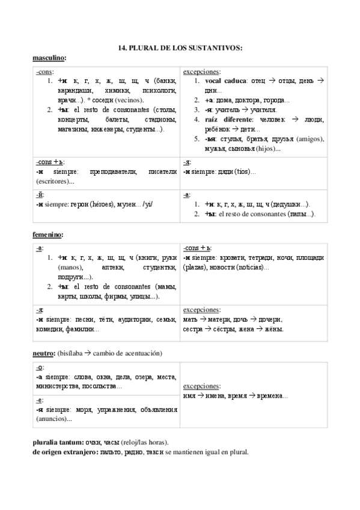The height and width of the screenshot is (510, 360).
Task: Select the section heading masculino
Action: pyautogui.click(x=48, y=58)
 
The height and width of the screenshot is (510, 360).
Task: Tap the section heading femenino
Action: pyautogui.click(x=47, y=235)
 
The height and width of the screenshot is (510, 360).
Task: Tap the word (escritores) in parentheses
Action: pyautogui.click(x=51, y=181)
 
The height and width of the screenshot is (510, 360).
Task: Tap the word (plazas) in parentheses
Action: pyautogui.click(x=195, y=267)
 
